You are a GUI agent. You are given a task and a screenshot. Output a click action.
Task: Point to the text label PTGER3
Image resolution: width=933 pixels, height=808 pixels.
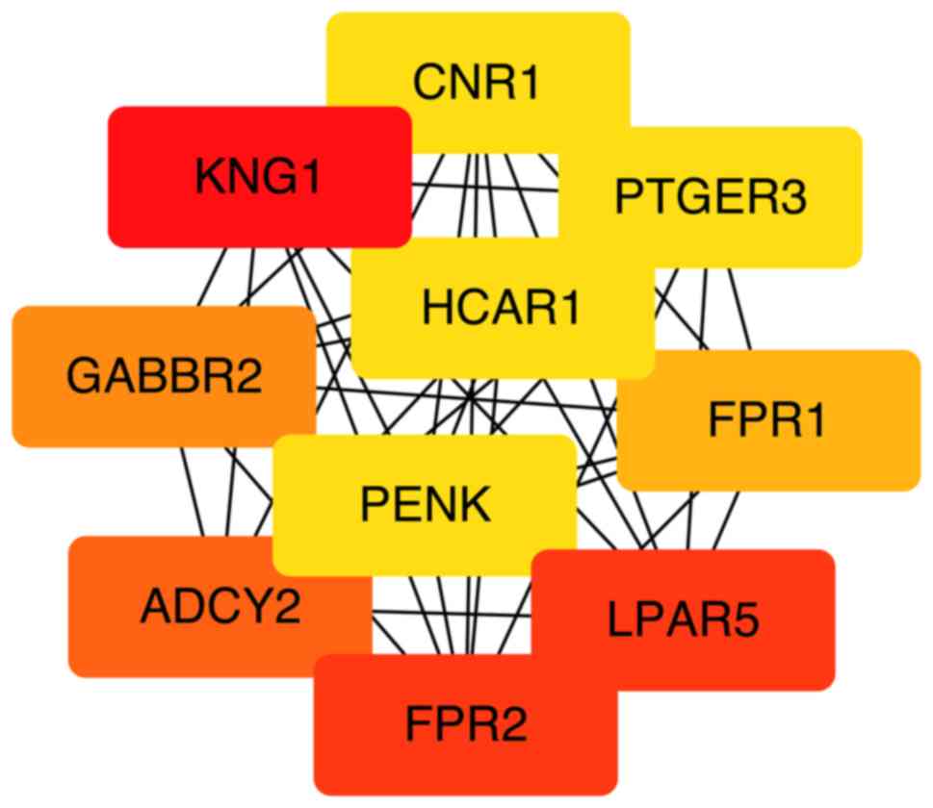click(x=711, y=197)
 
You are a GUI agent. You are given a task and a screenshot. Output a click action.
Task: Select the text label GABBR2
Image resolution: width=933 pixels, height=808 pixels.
click(x=164, y=376)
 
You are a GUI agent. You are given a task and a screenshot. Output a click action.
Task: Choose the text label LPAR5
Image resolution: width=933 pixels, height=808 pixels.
click(x=684, y=620)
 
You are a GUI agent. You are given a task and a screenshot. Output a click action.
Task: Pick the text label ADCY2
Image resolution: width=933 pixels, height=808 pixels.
click(x=220, y=607)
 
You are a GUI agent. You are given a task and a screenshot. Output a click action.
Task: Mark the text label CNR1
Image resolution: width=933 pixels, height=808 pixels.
click(x=478, y=83)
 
